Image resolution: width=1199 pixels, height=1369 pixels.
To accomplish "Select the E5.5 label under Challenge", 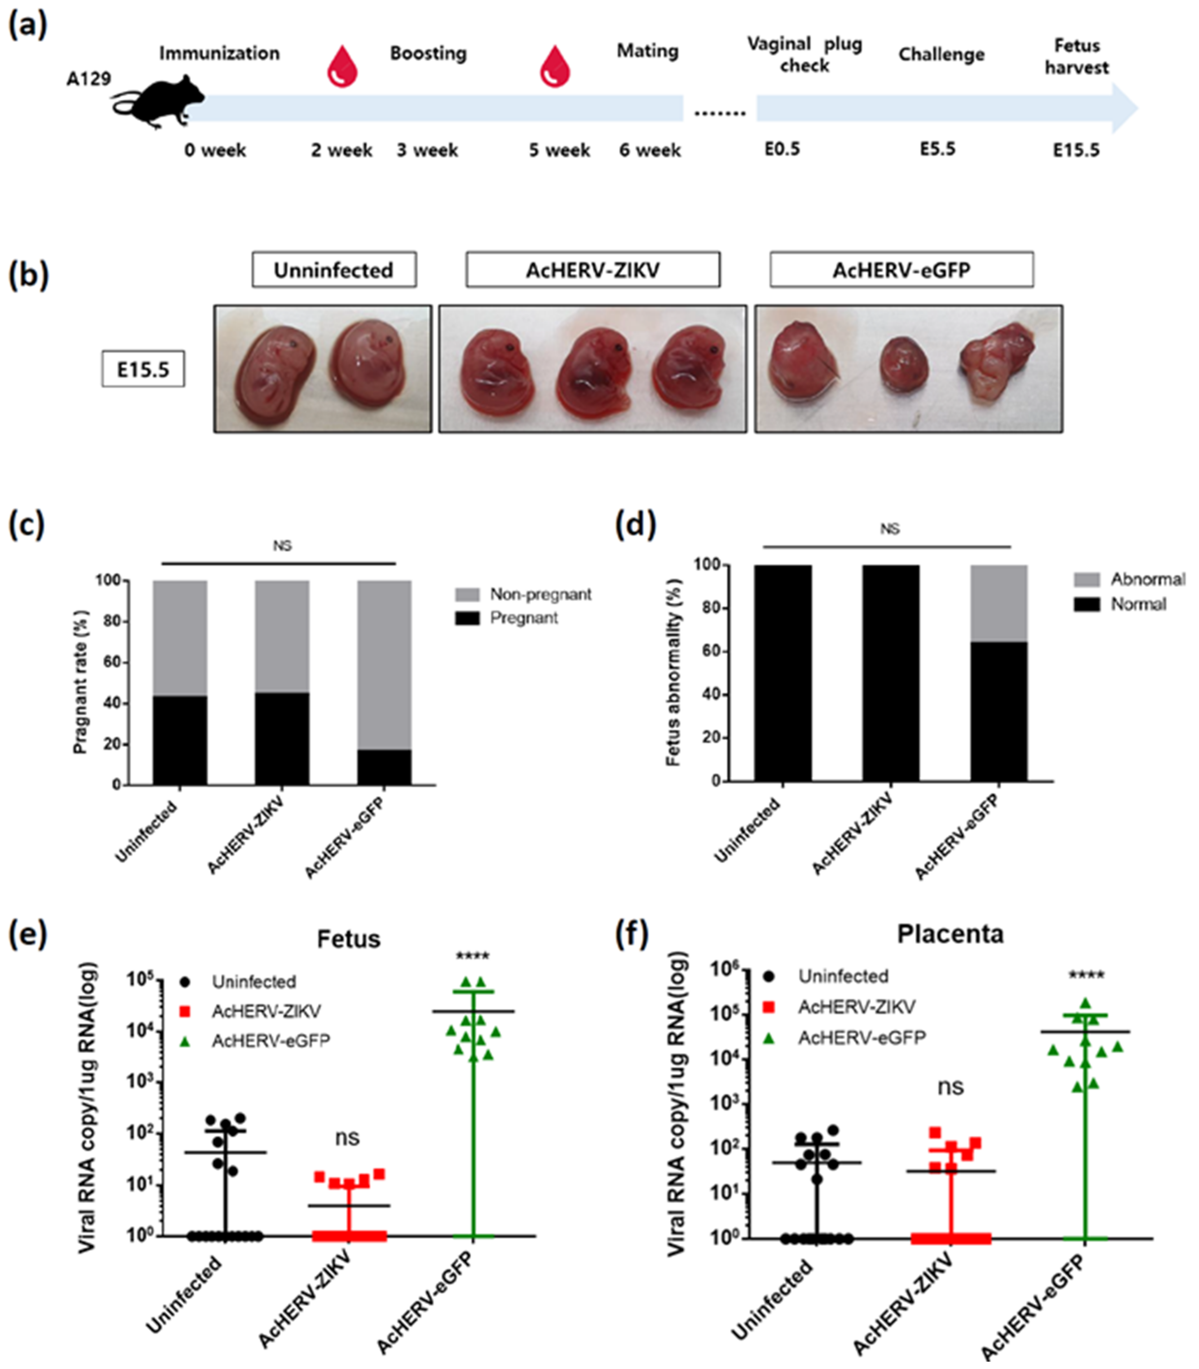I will tap(937, 149).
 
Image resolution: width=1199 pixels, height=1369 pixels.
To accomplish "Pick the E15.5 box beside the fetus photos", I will tap(143, 370).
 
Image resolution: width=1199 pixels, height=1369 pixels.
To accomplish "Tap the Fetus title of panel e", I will tap(349, 939).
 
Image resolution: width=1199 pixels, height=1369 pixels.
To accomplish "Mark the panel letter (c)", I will tap(27, 526).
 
